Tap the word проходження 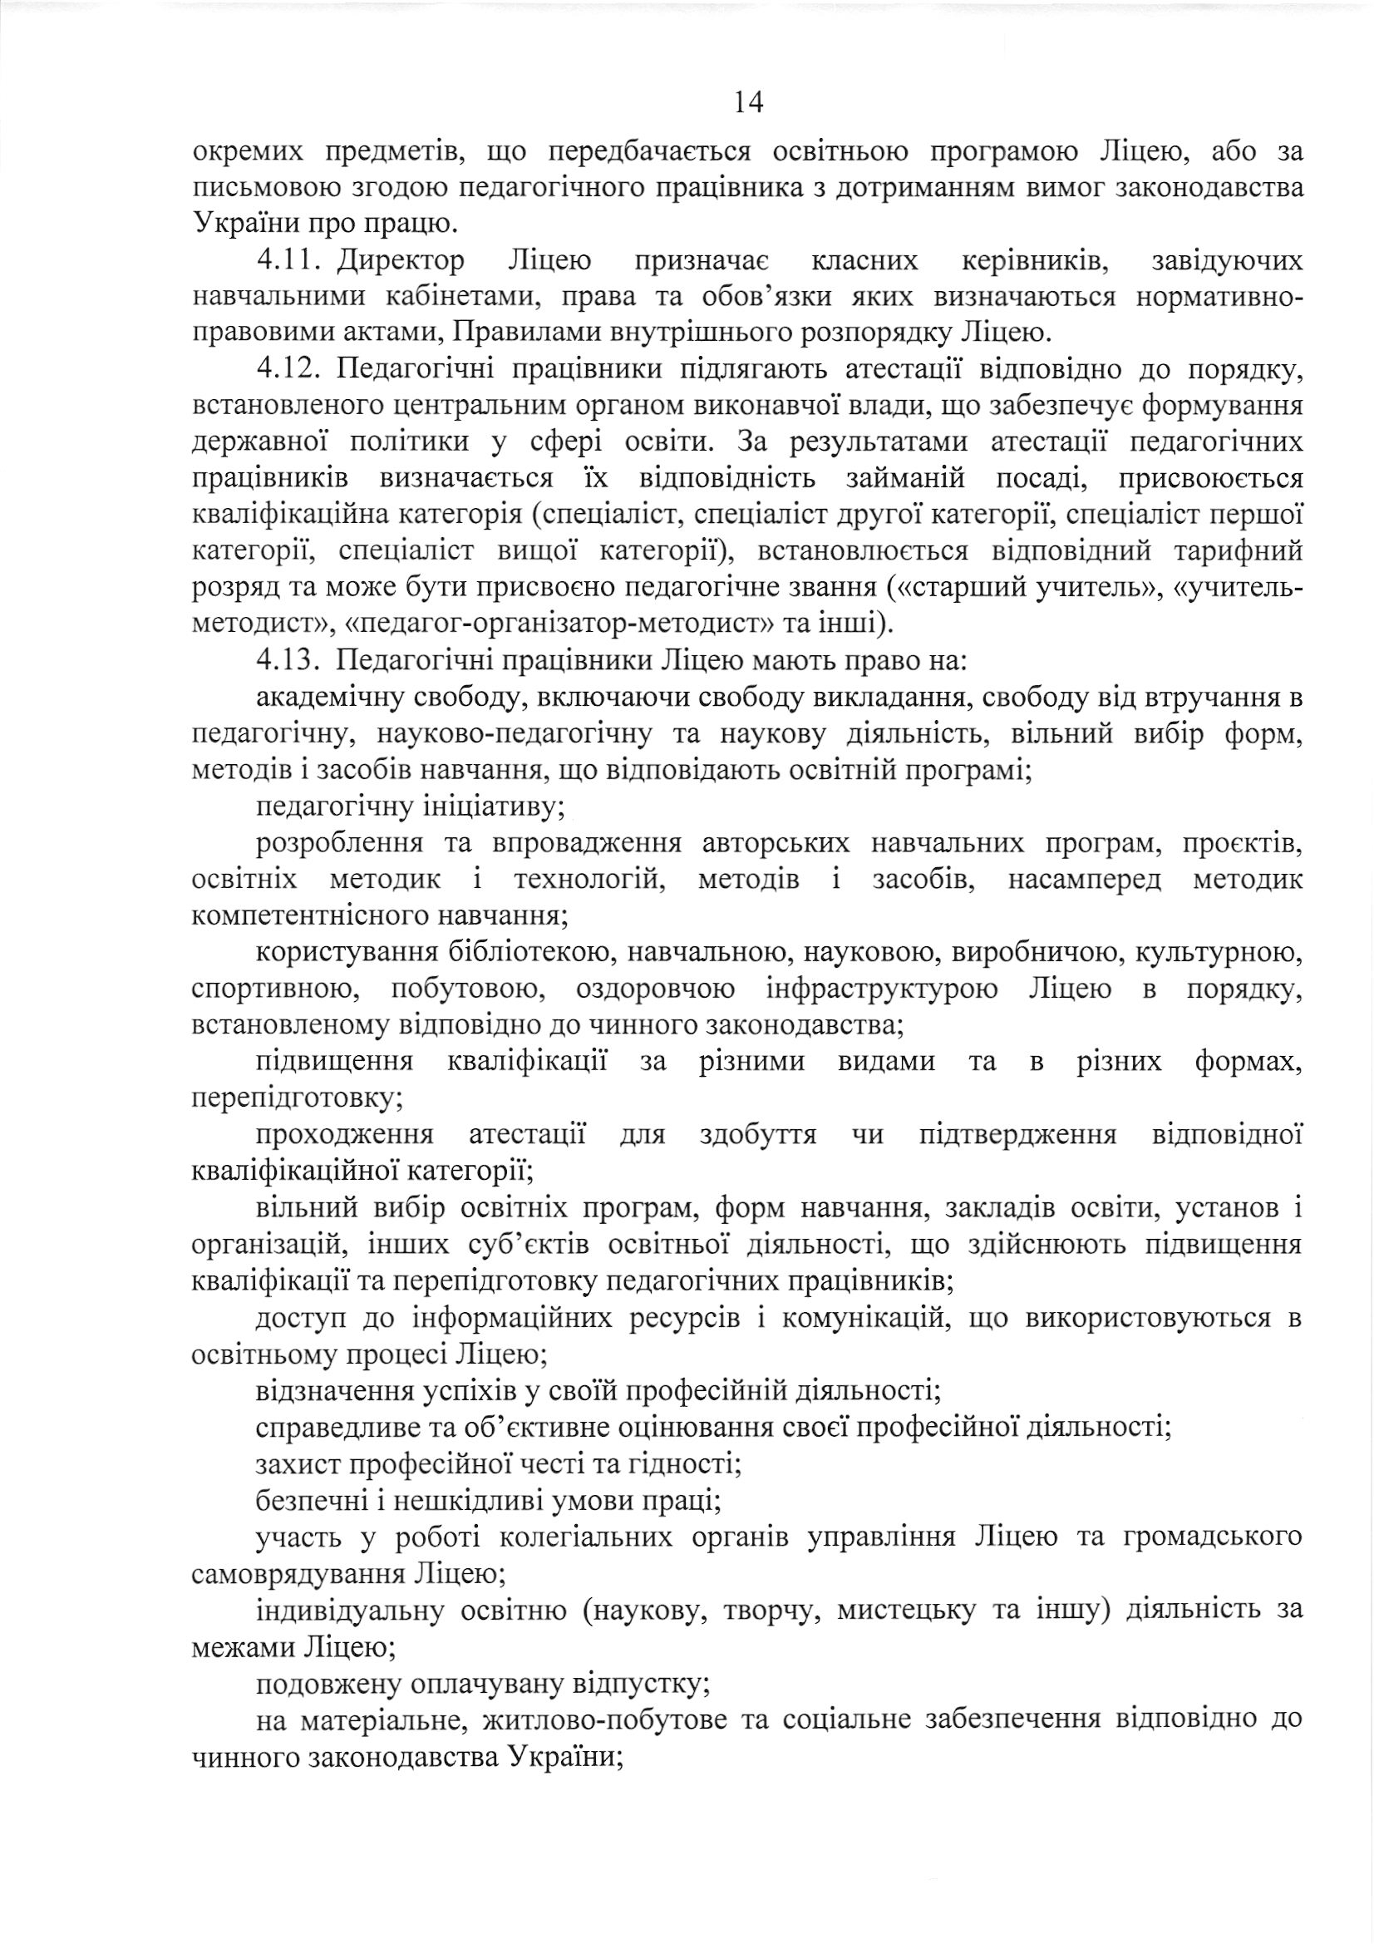click(x=345, y=1135)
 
